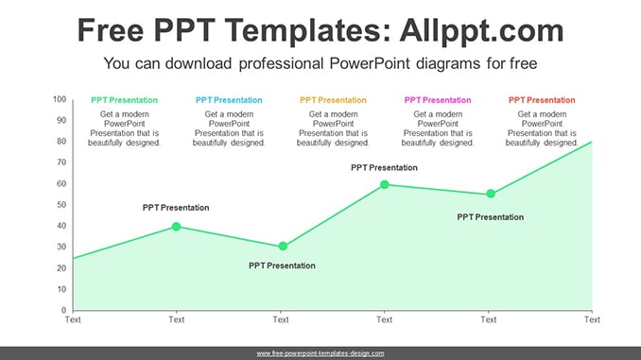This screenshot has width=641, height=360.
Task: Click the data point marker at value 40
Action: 176,227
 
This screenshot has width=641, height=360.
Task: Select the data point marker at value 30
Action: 283,246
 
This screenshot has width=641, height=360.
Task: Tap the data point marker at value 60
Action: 384,184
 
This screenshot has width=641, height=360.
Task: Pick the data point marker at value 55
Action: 491,194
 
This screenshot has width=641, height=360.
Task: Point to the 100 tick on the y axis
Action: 60,99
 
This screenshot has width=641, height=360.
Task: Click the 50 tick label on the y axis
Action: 61,204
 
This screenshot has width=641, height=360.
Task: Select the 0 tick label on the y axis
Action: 63,310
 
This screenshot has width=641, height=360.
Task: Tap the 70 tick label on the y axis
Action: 61,163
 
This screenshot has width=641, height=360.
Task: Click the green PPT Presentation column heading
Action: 124,100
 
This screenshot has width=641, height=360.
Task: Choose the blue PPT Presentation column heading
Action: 229,100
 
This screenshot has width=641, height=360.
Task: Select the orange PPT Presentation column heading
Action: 333,100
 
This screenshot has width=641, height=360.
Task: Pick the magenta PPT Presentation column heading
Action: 438,100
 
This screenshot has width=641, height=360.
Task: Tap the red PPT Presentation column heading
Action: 542,100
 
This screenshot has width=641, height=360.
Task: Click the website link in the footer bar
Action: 320,353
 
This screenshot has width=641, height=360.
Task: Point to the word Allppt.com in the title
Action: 481,30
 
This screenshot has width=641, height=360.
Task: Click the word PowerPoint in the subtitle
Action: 370,63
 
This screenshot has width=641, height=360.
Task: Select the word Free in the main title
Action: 111,30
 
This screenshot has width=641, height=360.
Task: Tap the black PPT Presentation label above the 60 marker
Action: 384,167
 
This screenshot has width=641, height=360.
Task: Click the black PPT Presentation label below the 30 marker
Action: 282,266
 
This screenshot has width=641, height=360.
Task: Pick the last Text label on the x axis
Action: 592,319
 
